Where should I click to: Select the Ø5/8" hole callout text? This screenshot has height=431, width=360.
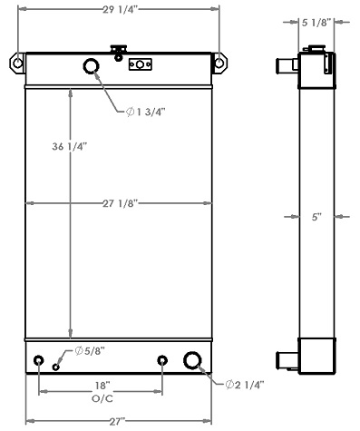click(90, 351)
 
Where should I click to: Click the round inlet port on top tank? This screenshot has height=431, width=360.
click(92, 66)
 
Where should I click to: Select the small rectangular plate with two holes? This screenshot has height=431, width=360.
click(141, 64)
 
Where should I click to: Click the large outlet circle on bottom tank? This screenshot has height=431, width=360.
click(194, 361)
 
